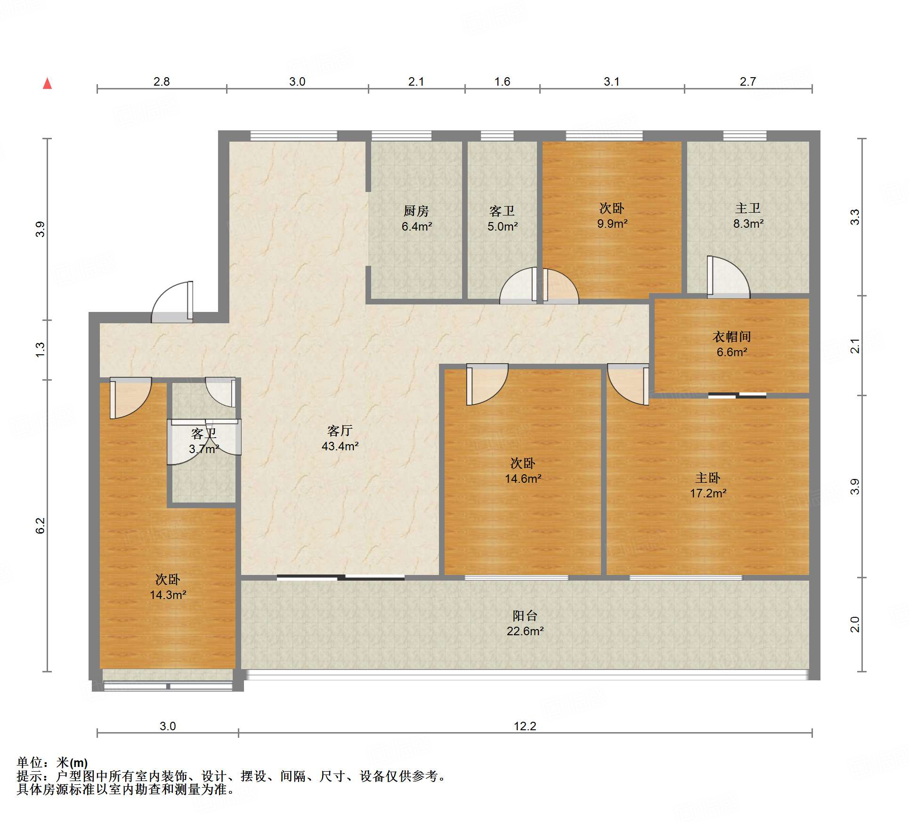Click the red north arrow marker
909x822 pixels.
pyautogui.click(x=47, y=83)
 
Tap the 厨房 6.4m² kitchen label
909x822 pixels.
pyautogui.click(x=416, y=218)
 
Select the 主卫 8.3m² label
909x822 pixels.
pyautogui.click(x=748, y=215)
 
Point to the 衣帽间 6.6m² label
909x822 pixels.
pyautogui.click(x=731, y=344)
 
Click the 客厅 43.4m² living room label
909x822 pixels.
pyautogui.click(x=340, y=438)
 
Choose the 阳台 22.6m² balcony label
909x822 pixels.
pyautogui.click(x=525, y=623)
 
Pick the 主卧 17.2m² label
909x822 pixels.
pyautogui.click(x=708, y=485)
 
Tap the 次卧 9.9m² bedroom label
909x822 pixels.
pyautogui.click(x=612, y=215)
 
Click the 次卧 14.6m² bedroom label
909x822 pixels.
pyautogui.click(x=523, y=471)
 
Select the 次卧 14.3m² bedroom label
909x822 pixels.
pyautogui.click(x=168, y=587)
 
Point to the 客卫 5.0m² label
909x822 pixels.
pyautogui.click(x=502, y=218)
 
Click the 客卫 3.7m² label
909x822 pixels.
pyautogui.click(x=203, y=441)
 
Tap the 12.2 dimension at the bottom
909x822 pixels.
pyautogui.click(x=525, y=726)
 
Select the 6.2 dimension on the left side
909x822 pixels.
pyautogui.click(x=41, y=526)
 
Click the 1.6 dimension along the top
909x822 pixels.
pyautogui.click(x=502, y=81)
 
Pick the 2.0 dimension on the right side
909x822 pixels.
pyautogui.click(x=855, y=624)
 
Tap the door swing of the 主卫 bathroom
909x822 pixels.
pyautogui.click(x=728, y=277)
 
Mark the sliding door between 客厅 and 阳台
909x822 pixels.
pyautogui.click(x=341, y=577)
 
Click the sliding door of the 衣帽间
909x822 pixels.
pyautogui.click(x=737, y=395)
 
